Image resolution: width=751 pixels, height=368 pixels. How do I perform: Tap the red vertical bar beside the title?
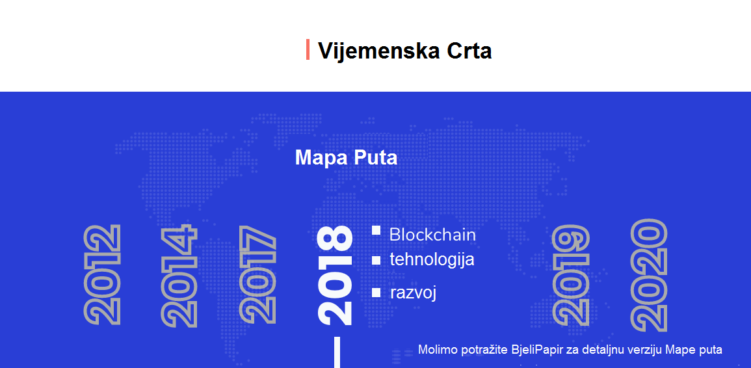pos(308,50)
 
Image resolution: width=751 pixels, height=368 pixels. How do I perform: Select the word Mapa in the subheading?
pos(321,157)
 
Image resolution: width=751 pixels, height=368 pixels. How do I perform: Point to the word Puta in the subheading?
pos(376,157)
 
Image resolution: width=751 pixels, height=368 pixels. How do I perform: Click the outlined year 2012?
pos(102,274)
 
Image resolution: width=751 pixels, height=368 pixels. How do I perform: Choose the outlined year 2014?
pos(179,276)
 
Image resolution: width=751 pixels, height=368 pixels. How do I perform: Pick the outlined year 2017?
pos(257,275)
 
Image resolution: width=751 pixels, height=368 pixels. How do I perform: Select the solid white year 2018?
pos(336,276)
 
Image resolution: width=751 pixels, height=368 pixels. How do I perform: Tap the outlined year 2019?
pos(570,276)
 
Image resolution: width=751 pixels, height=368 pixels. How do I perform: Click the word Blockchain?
pos(432,235)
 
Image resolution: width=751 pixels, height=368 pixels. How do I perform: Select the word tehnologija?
pos(432,260)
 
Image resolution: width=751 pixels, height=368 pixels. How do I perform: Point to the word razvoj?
pos(413,293)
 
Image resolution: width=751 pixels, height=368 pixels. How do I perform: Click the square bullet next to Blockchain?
pos(376,230)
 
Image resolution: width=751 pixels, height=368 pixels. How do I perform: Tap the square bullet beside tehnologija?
pos(376,260)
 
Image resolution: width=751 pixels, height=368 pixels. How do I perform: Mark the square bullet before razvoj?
pos(376,293)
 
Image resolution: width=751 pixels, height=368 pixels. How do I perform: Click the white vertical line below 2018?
pos(337,352)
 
